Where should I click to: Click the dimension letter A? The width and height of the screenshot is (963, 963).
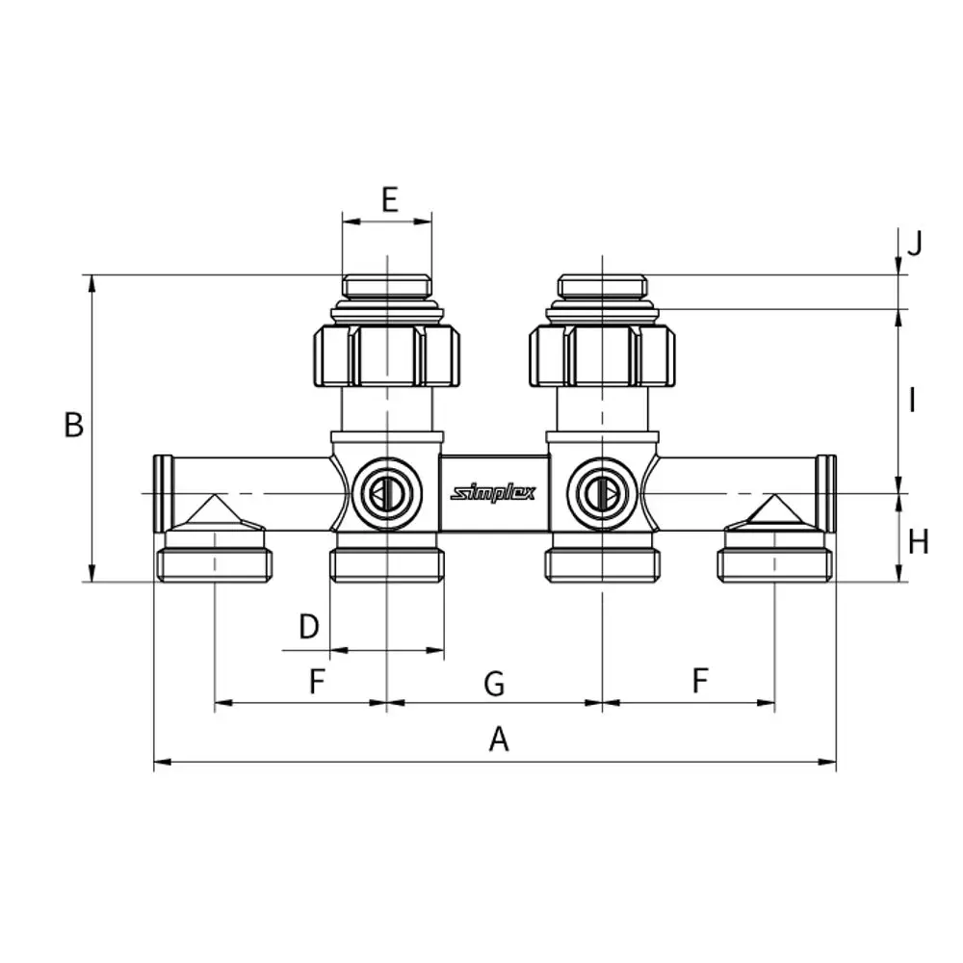pyautogui.click(x=499, y=739)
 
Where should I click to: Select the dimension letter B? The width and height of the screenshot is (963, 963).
pyautogui.click(x=74, y=425)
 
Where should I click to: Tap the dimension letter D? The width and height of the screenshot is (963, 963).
pyautogui.click(x=309, y=627)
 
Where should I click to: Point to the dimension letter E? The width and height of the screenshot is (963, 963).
pyautogui.click(x=389, y=199)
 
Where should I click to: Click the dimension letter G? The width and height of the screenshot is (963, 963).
pyautogui.click(x=494, y=684)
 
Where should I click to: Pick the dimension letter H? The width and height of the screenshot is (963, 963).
pyautogui.click(x=918, y=543)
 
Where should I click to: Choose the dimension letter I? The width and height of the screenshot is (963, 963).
pyautogui.click(x=913, y=401)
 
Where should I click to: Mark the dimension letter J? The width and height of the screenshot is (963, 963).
pyautogui.click(x=915, y=244)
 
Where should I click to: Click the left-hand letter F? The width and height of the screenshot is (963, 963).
pyautogui.click(x=317, y=681)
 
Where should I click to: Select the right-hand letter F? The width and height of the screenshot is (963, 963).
pyautogui.click(x=700, y=681)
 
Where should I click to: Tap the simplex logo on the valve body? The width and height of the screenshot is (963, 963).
pyautogui.click(x=493, y=493)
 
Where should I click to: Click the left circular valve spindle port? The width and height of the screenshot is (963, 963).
pyautogui.click(x=387, y=493)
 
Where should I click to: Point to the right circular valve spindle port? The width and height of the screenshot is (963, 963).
pyautogui.click(x=602, y=493)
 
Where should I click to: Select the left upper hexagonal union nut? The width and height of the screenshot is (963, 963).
pyautogui.click(x=387, y=356)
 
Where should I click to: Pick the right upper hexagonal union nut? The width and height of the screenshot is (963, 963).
pyautogui.click(x=602, y=356)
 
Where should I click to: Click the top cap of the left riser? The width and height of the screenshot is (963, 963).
pyautogui.click(x=387, y=286)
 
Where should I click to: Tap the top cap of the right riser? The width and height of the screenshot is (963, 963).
pyautogui.click(x=602, y=286)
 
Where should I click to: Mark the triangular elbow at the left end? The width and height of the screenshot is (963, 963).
pyautogui.click(x=215, y=513)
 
